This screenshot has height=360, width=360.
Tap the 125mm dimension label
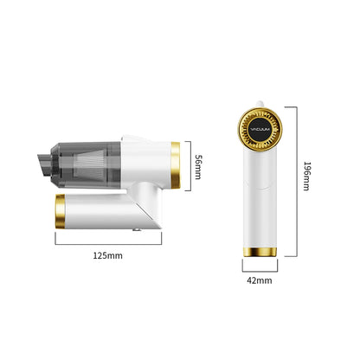(x=108, y=257)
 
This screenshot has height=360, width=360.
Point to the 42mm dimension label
(x=259, y=280)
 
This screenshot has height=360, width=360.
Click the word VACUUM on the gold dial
(x=258, y=129)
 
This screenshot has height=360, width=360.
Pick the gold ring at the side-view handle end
(x=61, y=209)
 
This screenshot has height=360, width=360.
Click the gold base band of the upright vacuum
(x=259, y=251)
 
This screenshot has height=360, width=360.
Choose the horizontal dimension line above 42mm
(x=259, y=267)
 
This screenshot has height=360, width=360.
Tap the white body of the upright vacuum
(x=259, y=199)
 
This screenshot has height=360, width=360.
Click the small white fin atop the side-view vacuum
(x=134, y=138)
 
